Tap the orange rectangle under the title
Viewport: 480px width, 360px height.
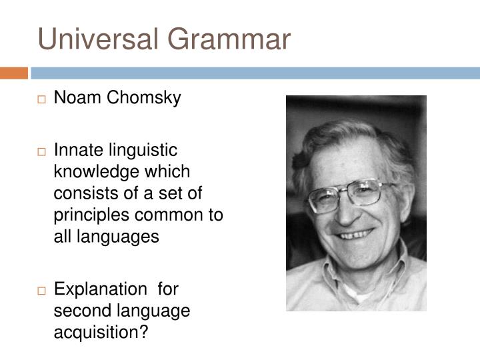pyautogui.click(x=14, y=73)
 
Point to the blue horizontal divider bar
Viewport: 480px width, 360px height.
pyautogui.click(x=254, y=73)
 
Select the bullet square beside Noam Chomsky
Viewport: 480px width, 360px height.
pyautogui.click(x=41, y=100)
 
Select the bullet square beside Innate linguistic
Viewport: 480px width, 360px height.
pyautogui.click(x=41, y=153)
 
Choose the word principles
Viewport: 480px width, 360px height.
pyautogui.click(x=87, y=215)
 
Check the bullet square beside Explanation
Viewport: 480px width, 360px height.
pyautogui.click(x=41, y=291)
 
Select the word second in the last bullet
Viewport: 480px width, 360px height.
pyautogui.click(x=79, y=311)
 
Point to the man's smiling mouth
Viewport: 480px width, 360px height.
pyautogui.click(x=356, y=235)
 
